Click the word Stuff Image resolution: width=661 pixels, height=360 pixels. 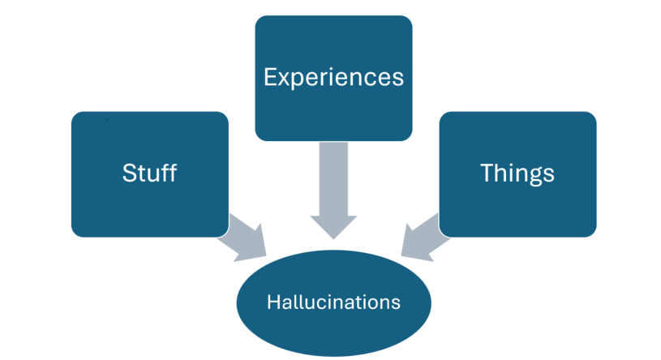tap(149, 174)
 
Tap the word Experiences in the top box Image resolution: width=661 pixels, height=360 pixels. tap(333, 78)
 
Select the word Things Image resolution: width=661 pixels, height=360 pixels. tap(517, 174)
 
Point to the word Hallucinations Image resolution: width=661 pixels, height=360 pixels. tap(333, 302)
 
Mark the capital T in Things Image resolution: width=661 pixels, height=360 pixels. tap(486, 173)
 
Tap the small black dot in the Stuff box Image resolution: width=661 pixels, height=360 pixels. tap(106, 119)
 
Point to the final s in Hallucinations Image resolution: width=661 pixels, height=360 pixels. tap(396, 303)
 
